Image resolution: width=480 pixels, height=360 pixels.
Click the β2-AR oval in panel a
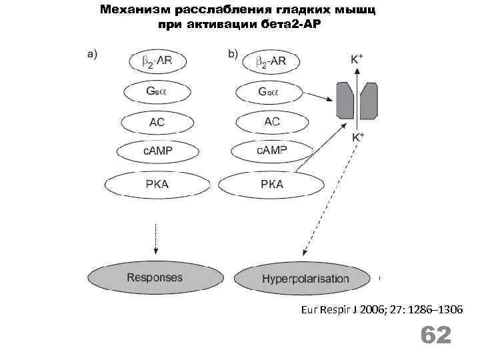pyautogui.click(x=157, y=62)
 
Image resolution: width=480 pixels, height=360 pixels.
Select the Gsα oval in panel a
pyautogui.click(x=157, y=92)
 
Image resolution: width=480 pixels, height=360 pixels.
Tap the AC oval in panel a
pyautogui.click(x=157, y=123)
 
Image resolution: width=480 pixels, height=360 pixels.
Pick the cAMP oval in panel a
pyautogui.click(x=157, y=151)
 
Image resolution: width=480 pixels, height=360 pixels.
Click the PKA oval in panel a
pyautogui.click(x=157, y=184)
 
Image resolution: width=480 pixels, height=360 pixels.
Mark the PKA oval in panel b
pyautogui.click(x=270, y=184)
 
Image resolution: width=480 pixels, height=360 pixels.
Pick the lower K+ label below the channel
pyautogui.click(x=357, y=138)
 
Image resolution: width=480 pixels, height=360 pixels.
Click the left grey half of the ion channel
pyautogui.click(x=345, y=99)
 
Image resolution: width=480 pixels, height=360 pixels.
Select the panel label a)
pyautogui.click(x=93, y=55)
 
